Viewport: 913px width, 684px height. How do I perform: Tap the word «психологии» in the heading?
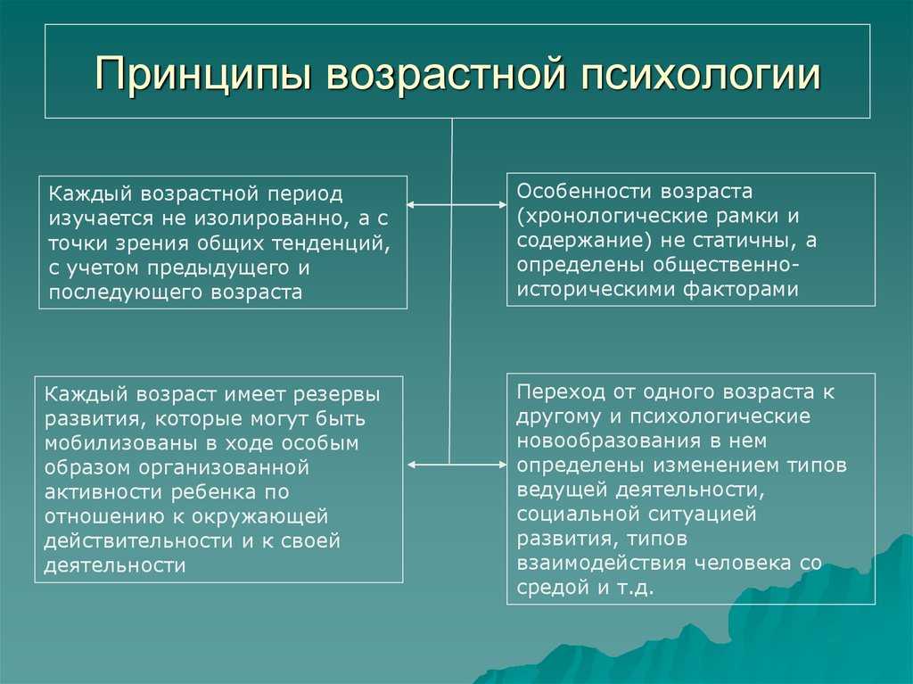tap(701, 73)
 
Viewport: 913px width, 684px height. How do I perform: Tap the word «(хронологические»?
tap(613, 217)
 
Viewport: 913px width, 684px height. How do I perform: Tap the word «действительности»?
tap(138, 541)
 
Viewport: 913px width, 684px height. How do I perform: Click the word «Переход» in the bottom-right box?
tap(561, 392)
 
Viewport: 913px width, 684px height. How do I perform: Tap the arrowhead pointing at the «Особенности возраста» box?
tap(503, 205)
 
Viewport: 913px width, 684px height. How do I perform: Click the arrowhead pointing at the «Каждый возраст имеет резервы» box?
tap(412, 465)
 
